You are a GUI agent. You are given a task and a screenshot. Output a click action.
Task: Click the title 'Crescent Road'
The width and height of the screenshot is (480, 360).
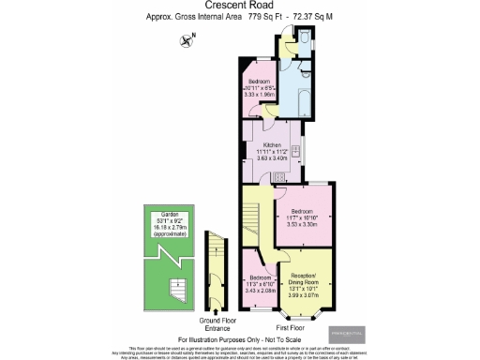point(240,6)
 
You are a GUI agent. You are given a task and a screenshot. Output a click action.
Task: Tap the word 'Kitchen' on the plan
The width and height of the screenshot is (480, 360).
point(272,145)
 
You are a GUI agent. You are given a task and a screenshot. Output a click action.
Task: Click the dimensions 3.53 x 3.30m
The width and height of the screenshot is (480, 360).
point(305,225)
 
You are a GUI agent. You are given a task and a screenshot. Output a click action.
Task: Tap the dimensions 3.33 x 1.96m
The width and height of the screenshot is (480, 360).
point(259,95)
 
